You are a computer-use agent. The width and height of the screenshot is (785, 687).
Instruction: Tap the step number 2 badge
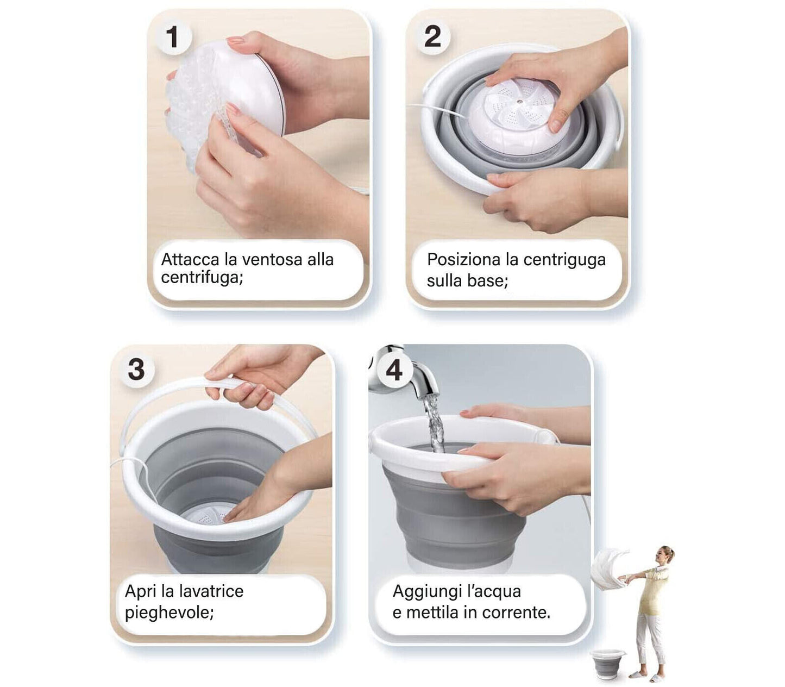pyautogui.click(x=432, y=37)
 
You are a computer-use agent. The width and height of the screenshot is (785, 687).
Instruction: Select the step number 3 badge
pyautogui.click(x=136, y=370)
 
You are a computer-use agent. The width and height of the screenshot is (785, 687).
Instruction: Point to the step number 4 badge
pyautogui.click(x=394, y=371)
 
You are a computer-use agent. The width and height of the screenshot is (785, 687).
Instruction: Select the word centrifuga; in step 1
pyautogui.click(x=202, y=277)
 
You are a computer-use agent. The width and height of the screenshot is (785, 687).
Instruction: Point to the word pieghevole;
pyautogui.click(x=169, y=613)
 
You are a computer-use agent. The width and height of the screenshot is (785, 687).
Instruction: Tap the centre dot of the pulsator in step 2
pyautogui.click(x=519, y=102)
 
